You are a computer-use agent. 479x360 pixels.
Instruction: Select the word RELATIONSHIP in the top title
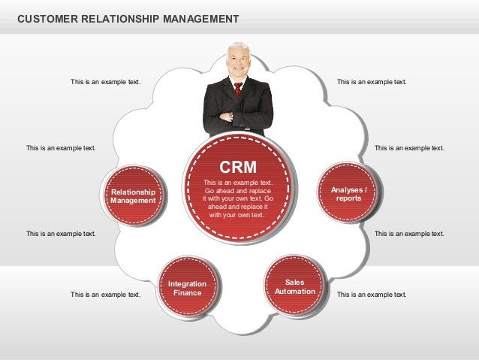[117, 17]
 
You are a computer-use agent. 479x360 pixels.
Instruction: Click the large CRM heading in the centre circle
[238, 166]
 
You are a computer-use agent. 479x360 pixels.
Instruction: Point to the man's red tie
[238, 89]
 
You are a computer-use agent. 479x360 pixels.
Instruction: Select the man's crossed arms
[237, 117]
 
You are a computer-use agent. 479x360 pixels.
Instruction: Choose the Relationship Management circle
[133, 196]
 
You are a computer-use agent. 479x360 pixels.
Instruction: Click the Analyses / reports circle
[348, 194]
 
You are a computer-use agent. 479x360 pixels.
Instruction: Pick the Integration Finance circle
[187, 288]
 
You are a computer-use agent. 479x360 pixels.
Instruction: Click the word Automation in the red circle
[294, 291]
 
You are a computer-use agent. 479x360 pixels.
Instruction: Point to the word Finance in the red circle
[187, 292]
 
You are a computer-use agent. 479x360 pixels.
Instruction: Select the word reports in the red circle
[348, 198]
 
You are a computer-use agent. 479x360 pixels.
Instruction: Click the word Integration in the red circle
[187, 283]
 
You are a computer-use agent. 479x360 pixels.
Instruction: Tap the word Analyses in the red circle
[346, 190]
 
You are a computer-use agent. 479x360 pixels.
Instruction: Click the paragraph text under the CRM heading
[238, 198]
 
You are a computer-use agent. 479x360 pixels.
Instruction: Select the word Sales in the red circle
[294, 282]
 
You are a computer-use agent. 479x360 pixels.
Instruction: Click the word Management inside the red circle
[133, 201]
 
